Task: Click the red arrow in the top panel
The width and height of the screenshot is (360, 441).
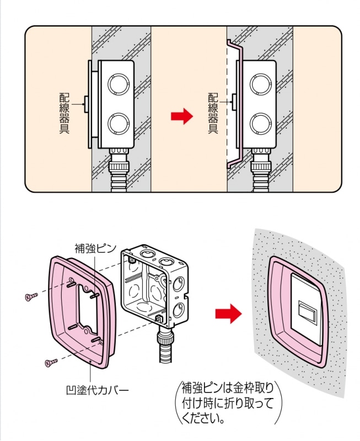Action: pos(180,116)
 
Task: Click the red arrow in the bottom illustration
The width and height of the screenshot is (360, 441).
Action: pos(228,314)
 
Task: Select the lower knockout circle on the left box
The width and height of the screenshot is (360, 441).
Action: pos(117,123)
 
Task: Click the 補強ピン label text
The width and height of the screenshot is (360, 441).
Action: pos(95,248)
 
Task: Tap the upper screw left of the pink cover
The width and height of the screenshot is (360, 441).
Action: pos(31,297)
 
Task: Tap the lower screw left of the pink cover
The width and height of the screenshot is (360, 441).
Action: pos(50,362)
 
